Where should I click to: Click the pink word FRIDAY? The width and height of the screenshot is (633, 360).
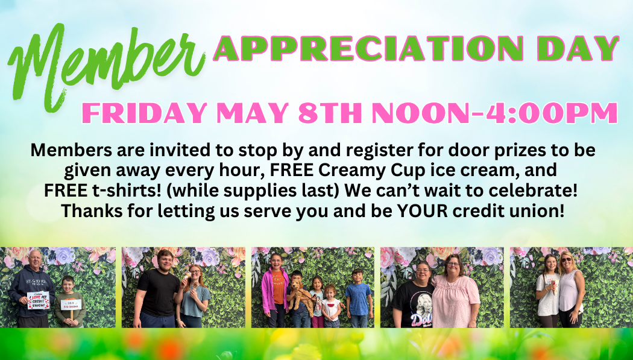tap(145, 113)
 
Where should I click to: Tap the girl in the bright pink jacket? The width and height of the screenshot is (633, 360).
tap(275, 289)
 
